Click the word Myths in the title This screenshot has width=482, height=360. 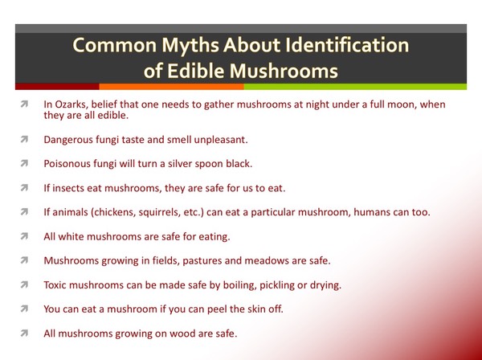[190, 46]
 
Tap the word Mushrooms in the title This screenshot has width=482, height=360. [284, 71]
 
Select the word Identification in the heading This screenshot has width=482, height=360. [347, 45]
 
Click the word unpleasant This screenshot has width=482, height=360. [221, 140]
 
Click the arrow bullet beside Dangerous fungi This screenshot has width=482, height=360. [24, 140]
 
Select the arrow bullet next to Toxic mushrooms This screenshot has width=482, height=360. [24, 285]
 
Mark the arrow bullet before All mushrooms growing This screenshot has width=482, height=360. [24, 333]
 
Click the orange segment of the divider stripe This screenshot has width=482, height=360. [172, 87]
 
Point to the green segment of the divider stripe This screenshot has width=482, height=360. [355, 87]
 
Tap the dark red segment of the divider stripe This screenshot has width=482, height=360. [57, 87]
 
